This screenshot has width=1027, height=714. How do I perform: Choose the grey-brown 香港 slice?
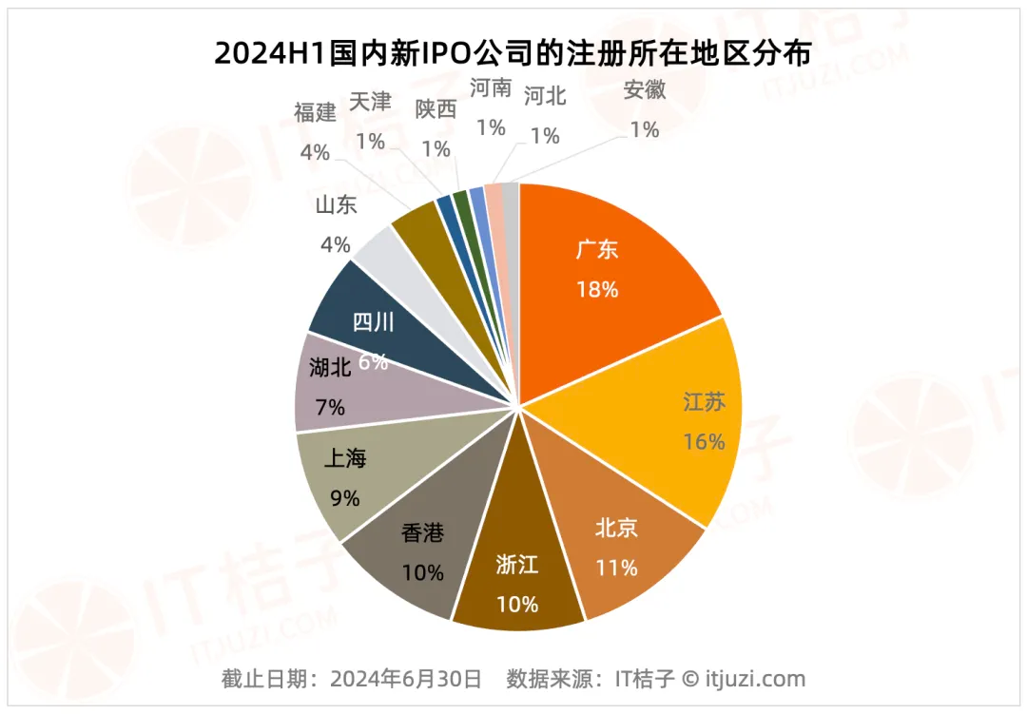[418, 551]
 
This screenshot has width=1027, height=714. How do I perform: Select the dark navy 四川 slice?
[371, 323]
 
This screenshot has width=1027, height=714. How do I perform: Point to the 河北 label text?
[545, 95]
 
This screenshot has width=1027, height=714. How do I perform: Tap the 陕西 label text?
[436, 108]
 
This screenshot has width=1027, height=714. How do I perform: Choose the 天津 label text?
[370, 101]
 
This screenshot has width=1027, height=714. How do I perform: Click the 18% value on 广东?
[597, 289]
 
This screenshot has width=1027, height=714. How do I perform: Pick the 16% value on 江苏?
[704, 441]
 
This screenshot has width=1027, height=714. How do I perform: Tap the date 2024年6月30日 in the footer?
[406, 679]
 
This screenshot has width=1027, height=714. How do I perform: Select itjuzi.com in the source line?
[755, 679]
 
